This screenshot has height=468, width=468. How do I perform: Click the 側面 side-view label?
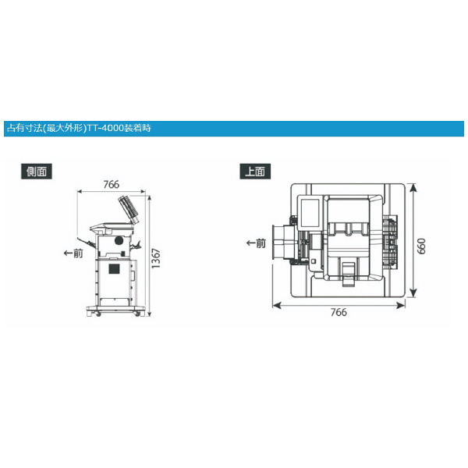37,172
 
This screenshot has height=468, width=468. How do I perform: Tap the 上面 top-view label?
255,172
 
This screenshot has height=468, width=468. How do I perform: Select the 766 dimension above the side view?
112,184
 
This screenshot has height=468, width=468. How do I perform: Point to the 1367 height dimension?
156,258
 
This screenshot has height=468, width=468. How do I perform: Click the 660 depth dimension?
421,246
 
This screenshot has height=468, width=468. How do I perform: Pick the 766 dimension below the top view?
339,312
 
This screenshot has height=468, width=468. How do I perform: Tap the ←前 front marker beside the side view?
73,253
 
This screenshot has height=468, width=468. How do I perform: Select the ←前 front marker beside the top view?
256,243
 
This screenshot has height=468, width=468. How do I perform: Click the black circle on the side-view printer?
119,240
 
